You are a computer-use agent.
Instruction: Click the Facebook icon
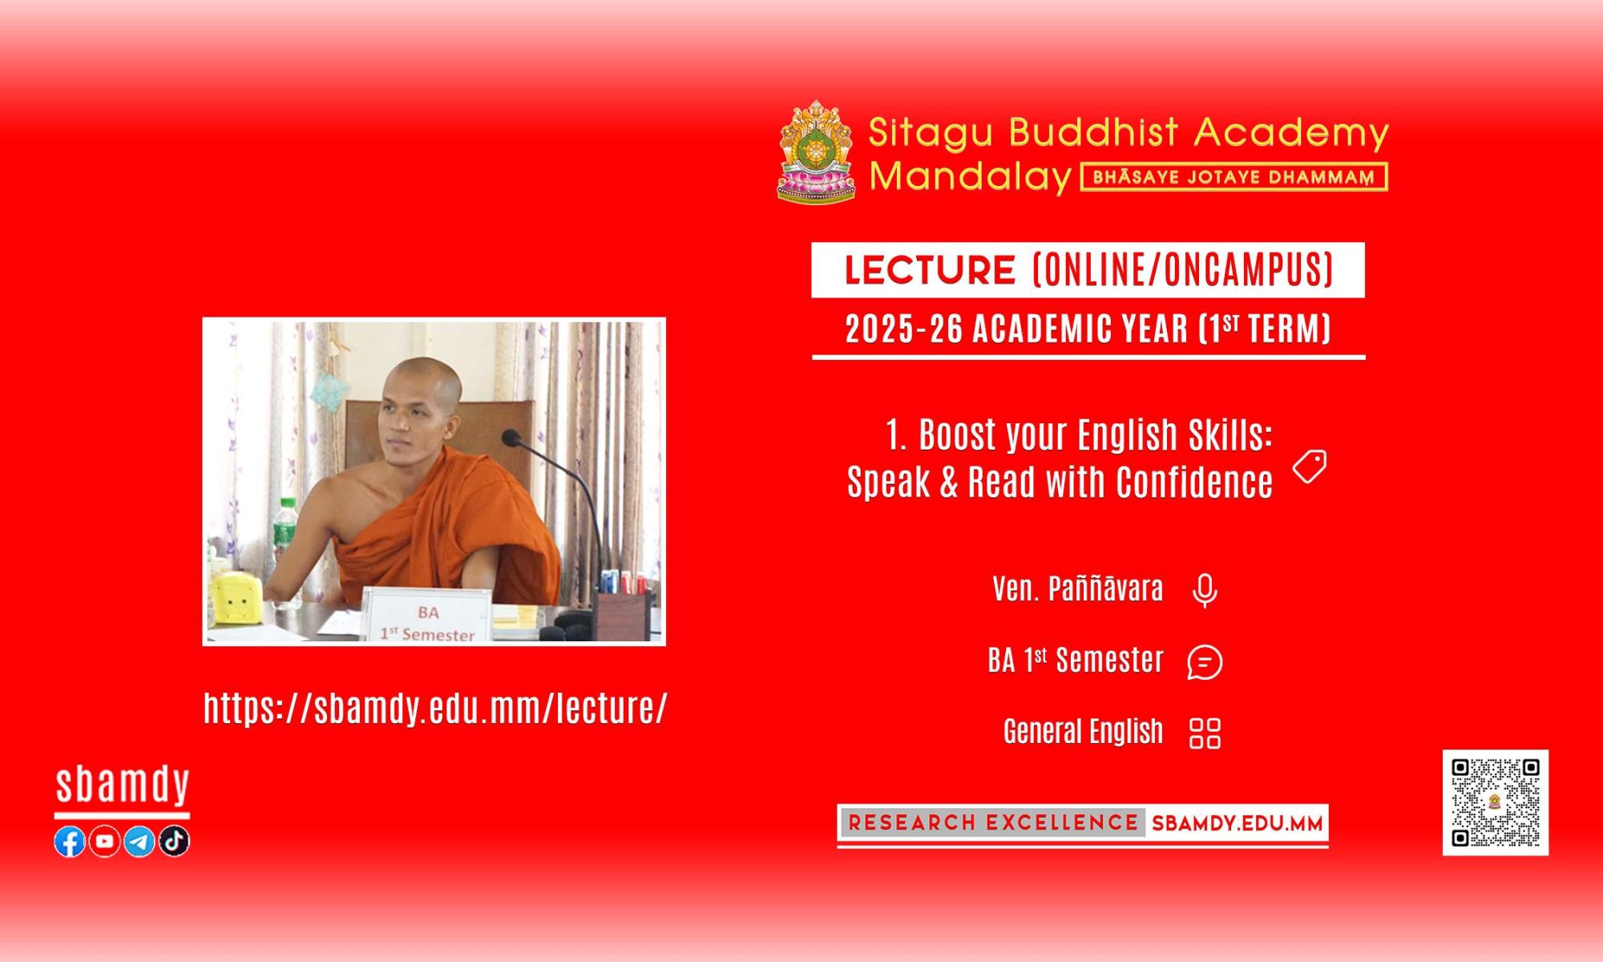[70, 841]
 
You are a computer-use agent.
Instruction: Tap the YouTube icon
[104, 841]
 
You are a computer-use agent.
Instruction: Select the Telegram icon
[139, 841]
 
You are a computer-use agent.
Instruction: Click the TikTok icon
[174, 841]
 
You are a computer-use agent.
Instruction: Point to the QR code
[1496, 802]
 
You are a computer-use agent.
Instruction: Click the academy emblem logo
[816, 152]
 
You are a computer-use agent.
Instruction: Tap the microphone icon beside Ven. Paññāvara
[1205, 591]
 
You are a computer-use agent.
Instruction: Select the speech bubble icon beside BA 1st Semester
[1205, 662]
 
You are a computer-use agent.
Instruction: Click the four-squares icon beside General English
[1205, 733]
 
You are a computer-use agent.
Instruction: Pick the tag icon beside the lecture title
[1310, 467]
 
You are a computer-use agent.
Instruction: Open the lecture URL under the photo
[435, 708]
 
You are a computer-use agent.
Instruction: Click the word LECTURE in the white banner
[930, 270]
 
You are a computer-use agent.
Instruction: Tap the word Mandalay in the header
[970, 176]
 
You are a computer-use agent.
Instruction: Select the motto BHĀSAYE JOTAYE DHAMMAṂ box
[1234, 177]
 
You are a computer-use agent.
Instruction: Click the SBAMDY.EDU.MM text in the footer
[1238, 823]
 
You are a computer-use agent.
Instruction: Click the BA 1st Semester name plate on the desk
[426, 615]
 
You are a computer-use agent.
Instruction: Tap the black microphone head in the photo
[511, 438]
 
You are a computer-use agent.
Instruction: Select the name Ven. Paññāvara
[1078, 588]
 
